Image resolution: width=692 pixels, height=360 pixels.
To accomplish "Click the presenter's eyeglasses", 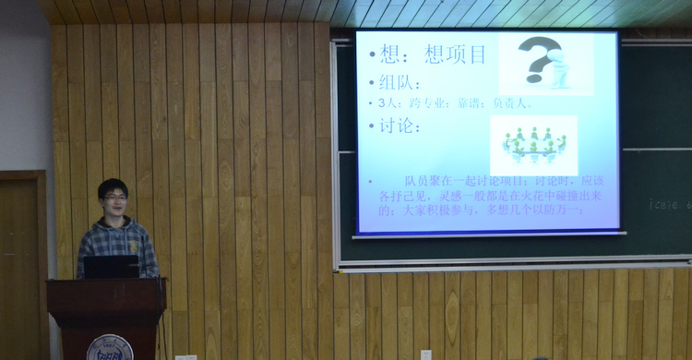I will tap(115, 197).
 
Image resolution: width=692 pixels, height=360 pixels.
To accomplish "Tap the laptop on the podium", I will tap(111, 267).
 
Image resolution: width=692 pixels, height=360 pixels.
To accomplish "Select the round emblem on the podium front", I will tap(110, 347).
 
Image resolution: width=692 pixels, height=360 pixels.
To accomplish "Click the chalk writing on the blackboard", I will tap(669, 204).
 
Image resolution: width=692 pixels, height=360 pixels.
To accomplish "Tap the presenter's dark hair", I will tap(113, 186).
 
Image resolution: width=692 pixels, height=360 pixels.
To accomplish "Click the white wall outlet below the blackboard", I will tap(425, 354).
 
